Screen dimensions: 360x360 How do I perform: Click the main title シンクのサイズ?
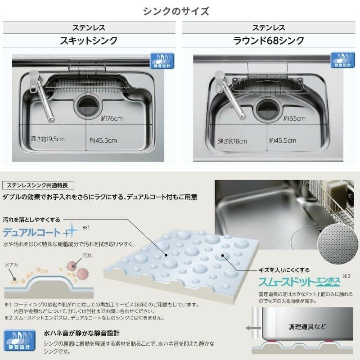point(176,11)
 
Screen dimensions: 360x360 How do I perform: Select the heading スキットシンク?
point(89,40)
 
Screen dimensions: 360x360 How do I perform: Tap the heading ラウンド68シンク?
point(268,40)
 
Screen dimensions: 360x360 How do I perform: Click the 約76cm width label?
point(112,118)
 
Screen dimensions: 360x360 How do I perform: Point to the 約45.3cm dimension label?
point(103,140)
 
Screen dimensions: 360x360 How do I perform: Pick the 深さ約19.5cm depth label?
point(48,139)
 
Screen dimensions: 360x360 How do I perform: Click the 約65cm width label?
point(294,118)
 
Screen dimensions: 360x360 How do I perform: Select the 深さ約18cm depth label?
point(232,141)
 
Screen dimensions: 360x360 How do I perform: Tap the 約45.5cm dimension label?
point(283,140)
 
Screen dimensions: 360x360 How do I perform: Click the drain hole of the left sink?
point(87,107)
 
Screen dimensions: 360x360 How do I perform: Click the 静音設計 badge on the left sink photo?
point(162,61)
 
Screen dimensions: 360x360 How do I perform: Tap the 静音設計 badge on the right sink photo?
point(342,60)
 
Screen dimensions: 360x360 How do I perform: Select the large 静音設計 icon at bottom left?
point(20,340)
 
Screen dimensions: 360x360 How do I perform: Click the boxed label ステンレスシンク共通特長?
point(38,185)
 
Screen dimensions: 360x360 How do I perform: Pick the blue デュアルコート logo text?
point(31,233)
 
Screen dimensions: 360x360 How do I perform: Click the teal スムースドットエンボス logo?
point(299,282)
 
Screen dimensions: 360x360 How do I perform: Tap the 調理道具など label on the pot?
point(307,327)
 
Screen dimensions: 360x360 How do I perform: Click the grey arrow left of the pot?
point(252,328)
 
